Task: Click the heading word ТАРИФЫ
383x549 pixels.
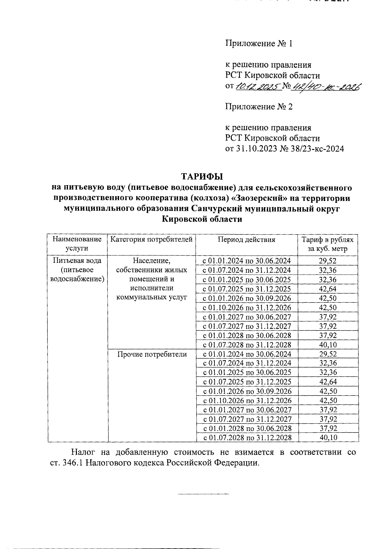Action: [202, 176]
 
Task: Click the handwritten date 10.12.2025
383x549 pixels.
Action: [258, 86]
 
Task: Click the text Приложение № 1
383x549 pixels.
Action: [259, 43]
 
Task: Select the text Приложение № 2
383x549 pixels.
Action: [259, 107]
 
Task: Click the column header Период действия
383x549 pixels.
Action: [246, 240]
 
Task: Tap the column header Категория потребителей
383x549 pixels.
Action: [151, 240]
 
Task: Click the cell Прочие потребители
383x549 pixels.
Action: [152, 354]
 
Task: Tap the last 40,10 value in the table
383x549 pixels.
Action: [328, 438]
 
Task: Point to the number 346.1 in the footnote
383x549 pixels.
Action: [73, 463]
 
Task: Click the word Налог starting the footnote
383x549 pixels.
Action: [82, 452]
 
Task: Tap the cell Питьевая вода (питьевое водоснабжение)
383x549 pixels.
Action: [77, 270]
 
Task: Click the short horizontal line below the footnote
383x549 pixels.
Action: [203, 494]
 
